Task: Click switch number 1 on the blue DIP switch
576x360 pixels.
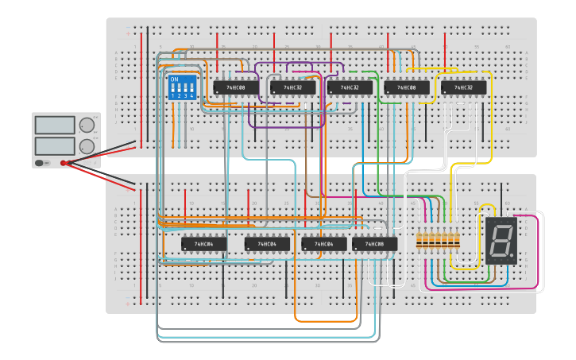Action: click(173, 88)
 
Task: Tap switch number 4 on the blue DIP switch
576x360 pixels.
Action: click(191, 88)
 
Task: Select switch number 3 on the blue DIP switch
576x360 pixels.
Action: click(186, 88)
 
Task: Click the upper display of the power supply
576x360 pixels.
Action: click(55, 126)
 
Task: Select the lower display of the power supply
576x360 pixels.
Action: click(55, 146)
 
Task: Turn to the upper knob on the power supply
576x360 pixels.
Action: click(87, 125)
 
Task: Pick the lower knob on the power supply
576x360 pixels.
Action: click(87, 146)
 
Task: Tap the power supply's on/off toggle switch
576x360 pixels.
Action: click(39, 163)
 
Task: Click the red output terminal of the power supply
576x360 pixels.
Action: click(64, 163)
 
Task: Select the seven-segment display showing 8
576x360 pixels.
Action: click(501, 240)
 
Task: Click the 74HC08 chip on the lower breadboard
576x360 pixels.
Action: click(374, 244)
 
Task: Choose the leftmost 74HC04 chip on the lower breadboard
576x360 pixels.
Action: click(203, 244)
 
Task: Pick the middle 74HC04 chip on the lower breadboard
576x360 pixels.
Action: click(267, 244)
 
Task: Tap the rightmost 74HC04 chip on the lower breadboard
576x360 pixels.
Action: click(323, 244)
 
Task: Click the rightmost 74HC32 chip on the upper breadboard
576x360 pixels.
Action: click(463, 87)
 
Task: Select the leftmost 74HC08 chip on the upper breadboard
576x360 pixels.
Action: click(236, 87)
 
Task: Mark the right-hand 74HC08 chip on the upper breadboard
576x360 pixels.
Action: click(407, 87)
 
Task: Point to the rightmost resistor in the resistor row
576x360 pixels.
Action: click(457, 240)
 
